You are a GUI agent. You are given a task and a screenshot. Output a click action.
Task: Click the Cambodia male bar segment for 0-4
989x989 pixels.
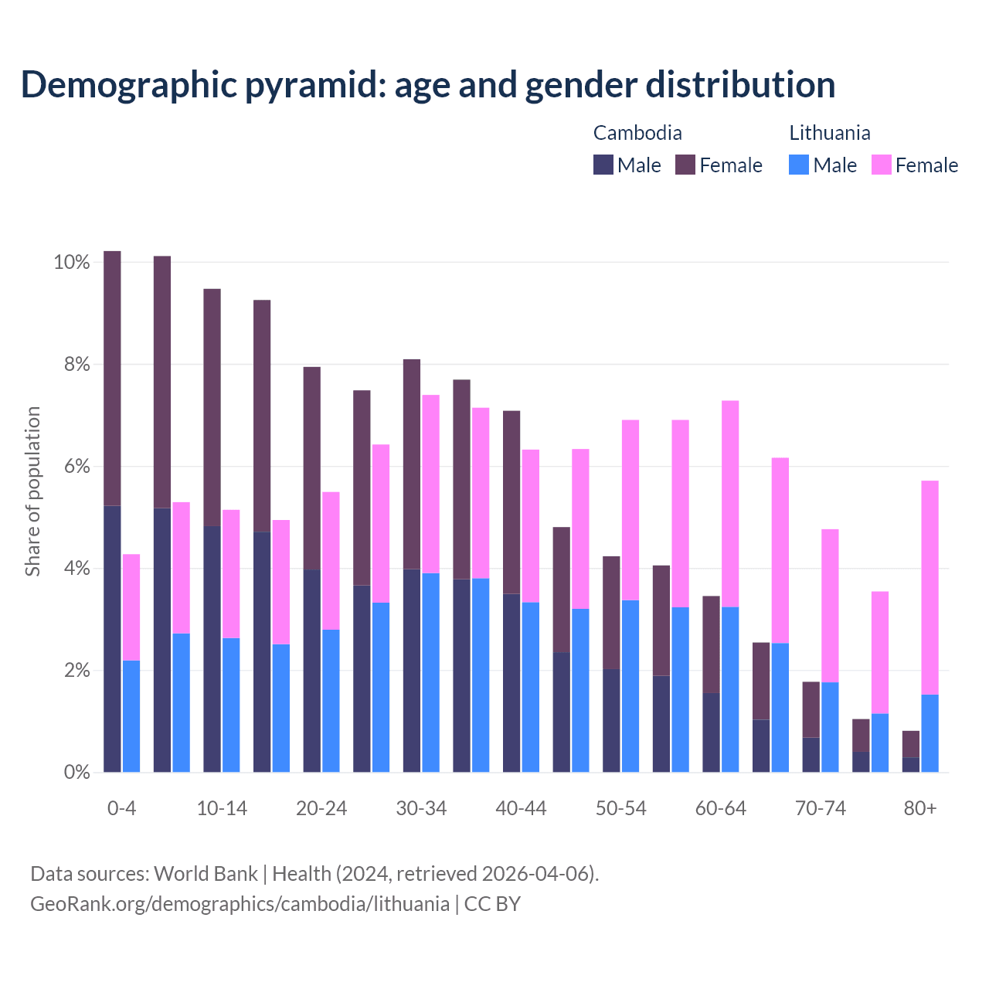pos(112,638)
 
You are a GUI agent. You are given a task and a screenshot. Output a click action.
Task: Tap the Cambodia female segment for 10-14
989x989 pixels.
pos(212,407)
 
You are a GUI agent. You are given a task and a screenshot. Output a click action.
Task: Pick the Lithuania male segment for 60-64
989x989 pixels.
pos(730,689)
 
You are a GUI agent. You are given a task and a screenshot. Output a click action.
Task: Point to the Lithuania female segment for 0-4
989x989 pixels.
pos(131,607)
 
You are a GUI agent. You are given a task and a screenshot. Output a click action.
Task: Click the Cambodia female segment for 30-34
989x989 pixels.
pos(412,464)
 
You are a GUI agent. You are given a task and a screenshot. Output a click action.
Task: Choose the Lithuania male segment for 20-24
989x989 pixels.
pos(331,701)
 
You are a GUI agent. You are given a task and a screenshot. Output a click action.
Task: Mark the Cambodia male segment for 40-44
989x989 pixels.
pos(511,682)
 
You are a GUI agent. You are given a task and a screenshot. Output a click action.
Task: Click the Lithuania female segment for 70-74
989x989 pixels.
pos(830,606)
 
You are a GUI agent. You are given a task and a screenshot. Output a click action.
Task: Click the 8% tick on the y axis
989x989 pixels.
pos(72,364)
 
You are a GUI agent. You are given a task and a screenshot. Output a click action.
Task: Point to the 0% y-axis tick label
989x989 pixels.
pos(72,772)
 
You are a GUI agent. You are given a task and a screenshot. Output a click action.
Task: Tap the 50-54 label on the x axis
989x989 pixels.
pos(620,808)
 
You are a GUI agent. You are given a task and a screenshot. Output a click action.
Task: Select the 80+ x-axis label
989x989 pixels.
pos(920,808)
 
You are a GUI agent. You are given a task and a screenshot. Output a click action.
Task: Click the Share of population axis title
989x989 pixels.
pos(32,491)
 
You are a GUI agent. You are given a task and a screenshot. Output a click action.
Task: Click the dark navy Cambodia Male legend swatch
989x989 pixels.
pos(603,165)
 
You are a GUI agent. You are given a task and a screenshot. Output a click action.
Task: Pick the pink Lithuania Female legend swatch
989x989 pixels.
pos(881,165)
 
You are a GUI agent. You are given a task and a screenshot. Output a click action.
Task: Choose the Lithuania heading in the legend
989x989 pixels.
pos(829,133)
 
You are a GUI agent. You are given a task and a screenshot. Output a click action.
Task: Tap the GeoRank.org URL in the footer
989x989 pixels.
pos(240,903)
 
